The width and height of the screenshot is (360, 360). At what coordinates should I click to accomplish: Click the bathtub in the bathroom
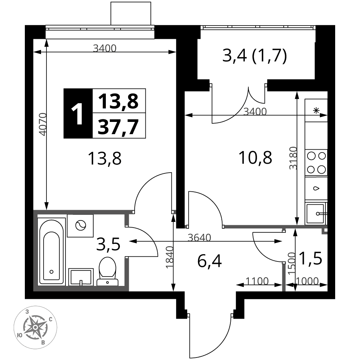pos(51,252)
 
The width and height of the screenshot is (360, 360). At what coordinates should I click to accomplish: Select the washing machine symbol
pos(80,226)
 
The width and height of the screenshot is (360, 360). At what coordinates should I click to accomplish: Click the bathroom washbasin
pos(81,277)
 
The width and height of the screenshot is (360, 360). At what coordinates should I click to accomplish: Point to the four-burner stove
pos(316,163)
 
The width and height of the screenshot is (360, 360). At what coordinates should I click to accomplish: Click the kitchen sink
pos(316,214)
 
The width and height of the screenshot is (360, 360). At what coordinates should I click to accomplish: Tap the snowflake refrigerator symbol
pos(316,111)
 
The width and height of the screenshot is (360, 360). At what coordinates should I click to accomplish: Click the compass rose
pos(35,327)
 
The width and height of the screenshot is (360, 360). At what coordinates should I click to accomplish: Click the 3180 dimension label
pos(293,158)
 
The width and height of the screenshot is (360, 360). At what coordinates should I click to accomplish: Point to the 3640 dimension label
pos(199,238)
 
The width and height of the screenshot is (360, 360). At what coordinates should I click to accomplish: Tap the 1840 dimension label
pos(170,257)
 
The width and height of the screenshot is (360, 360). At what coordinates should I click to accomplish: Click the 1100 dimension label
pos(257,281)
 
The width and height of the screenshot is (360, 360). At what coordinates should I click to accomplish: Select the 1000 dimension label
pos(307,281)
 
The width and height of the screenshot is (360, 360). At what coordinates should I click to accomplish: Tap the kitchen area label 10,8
pos(255,158)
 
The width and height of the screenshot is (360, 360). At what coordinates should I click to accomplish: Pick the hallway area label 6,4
pos(210,261)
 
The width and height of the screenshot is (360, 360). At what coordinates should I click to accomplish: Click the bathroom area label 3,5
pos(108,244)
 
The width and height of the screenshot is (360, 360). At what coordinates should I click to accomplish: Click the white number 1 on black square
pos(77,113)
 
